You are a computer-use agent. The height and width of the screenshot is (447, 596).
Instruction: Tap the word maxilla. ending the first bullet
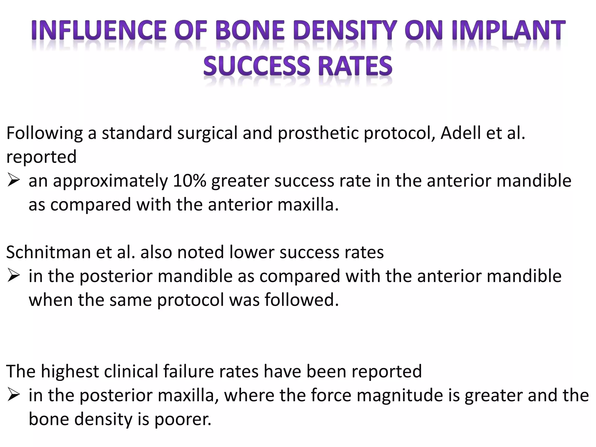[308, 205]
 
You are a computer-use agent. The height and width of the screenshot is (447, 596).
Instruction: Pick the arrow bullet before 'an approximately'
[14, 181]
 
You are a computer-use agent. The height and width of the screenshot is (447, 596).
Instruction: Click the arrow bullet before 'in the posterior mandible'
[14, 276]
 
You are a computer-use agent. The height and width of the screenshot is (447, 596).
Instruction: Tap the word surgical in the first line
[207, 134]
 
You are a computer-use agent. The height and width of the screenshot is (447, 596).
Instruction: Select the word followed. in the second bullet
[302, 300]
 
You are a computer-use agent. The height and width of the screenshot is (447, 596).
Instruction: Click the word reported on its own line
[41, 157]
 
